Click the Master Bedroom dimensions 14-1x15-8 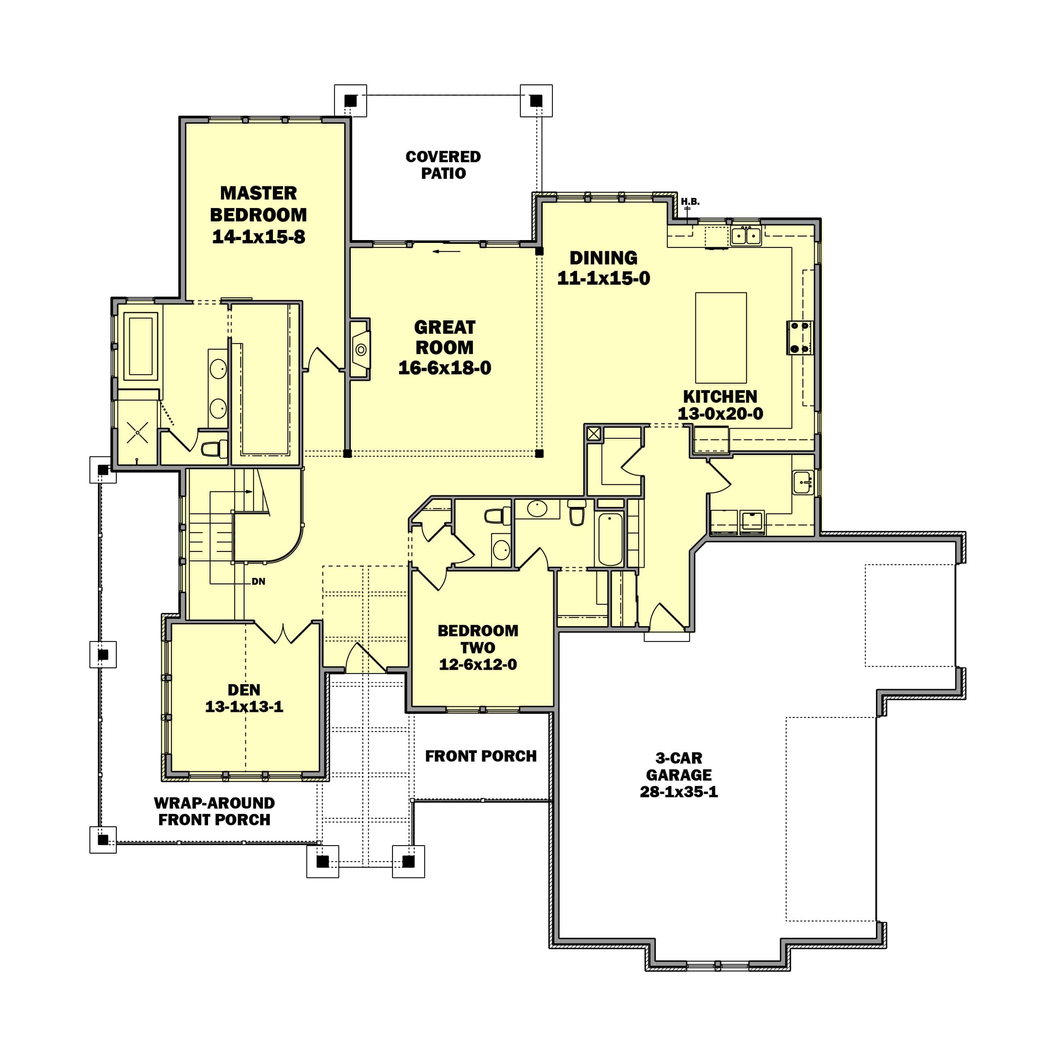259,237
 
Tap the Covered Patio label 443,165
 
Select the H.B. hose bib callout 690,202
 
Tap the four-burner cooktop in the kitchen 800,337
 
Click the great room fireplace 360,349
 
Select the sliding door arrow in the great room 446,251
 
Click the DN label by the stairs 259,582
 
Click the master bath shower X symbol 137,432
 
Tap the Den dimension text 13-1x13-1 244,707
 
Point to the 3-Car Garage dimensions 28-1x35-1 678,792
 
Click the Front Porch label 481,756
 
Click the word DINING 603,258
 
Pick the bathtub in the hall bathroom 610,539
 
